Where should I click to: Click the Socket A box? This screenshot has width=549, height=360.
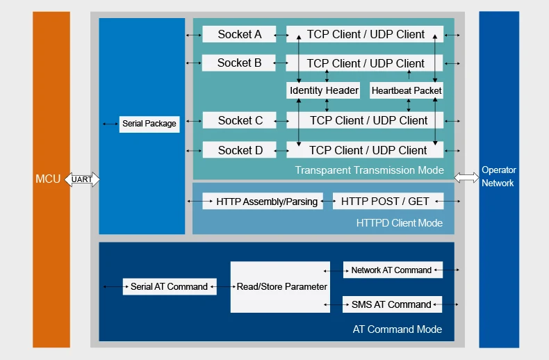click(239, 34)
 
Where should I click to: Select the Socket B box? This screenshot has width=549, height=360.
click(239, 63)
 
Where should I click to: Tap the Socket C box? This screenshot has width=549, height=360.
click(240, 120)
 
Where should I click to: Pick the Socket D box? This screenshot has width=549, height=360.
click(240, 149)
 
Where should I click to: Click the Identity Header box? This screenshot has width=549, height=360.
click(323, 90)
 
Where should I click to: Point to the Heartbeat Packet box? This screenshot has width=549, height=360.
click(406, 90)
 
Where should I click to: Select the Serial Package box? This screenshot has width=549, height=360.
click(149, 124)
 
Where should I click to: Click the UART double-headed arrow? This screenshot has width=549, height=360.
click(82, 179)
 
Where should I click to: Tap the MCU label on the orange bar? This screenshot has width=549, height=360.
click(48, 179)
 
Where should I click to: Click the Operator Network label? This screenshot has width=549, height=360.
click(498, 177)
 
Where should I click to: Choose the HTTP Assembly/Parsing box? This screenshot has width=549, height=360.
click(263, 202)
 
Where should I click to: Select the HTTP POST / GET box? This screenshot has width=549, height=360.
click(388, 202)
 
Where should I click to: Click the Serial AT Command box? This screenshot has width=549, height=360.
click(170, 287)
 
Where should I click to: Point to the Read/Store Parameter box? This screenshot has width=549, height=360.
click(280, 287)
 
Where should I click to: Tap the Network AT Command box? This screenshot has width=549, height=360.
click(393, 270)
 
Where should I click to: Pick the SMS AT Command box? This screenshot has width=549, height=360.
click(392, 304)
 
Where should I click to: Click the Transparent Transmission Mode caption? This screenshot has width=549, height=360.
click(370, 170)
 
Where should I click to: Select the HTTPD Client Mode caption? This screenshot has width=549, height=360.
click(400, 223)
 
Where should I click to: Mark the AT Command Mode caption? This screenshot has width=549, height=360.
click(398, 329)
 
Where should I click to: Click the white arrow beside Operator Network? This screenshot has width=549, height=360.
click(466, 177)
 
